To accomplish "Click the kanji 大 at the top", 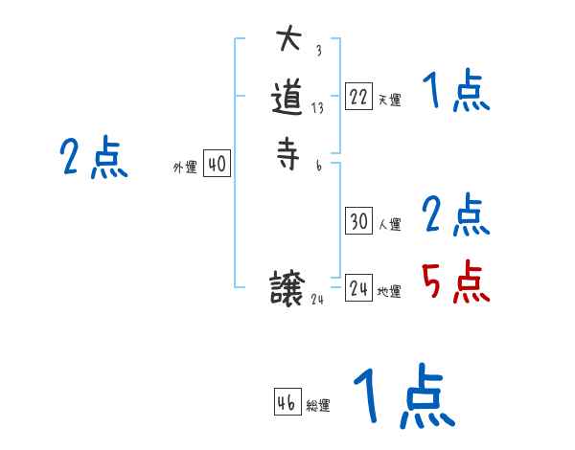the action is (288, 41).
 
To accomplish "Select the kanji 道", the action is (288, 99).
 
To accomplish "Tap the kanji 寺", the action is (288, 154).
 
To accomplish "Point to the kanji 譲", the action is (288, 288).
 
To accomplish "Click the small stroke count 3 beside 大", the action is (317, 51).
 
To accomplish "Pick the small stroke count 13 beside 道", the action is (317, 108).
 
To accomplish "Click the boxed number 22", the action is (358, 97).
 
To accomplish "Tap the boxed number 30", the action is (358, 221).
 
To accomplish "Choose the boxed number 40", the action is (217, 165).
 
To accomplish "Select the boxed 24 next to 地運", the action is (358, 288).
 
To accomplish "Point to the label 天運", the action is (389, 100).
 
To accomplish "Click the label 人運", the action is (389, 225).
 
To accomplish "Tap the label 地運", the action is (389, 292).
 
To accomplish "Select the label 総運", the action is (318, 406).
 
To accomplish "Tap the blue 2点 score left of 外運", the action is (93, 158).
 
